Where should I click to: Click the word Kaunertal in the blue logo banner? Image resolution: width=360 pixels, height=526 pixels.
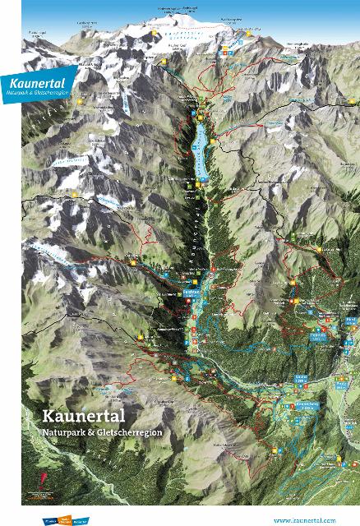34,83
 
